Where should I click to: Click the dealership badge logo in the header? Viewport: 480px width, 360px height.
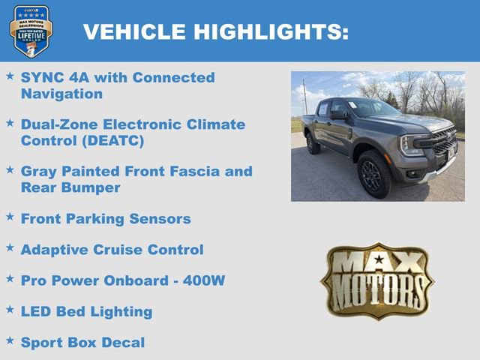31,30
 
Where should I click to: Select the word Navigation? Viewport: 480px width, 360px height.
61,94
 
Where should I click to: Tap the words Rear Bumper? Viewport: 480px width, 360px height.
70,187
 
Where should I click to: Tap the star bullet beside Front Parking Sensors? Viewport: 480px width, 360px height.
10,217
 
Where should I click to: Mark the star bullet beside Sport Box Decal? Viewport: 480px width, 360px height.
10,340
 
